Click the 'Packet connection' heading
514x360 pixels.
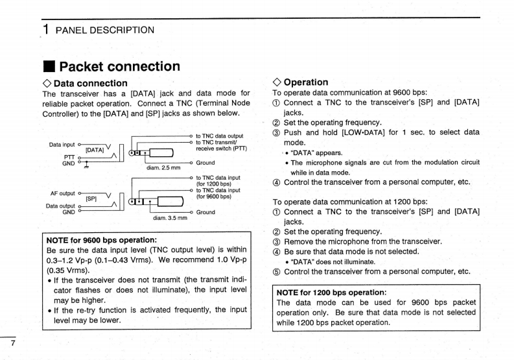click(x=119, y=66)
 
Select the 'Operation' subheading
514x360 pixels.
click(x=305, y=82)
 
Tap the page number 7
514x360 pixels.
click(x=12, y=341)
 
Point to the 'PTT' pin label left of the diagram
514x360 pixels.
click(x=68, y=156)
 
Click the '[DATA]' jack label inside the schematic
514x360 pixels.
click(x=95, y=150)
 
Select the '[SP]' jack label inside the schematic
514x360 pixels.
click(x=91, y=199)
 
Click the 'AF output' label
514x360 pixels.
click(x=63, y=193)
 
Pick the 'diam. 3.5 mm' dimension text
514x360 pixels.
click(x=170, y=218)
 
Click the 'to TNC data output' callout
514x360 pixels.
click(x=219, y=136)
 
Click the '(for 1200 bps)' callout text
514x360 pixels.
click(x=215, y=184)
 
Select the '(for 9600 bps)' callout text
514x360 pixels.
click(x=215, y=196)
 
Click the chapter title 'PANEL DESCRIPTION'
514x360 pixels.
click(x=105, y=30)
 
